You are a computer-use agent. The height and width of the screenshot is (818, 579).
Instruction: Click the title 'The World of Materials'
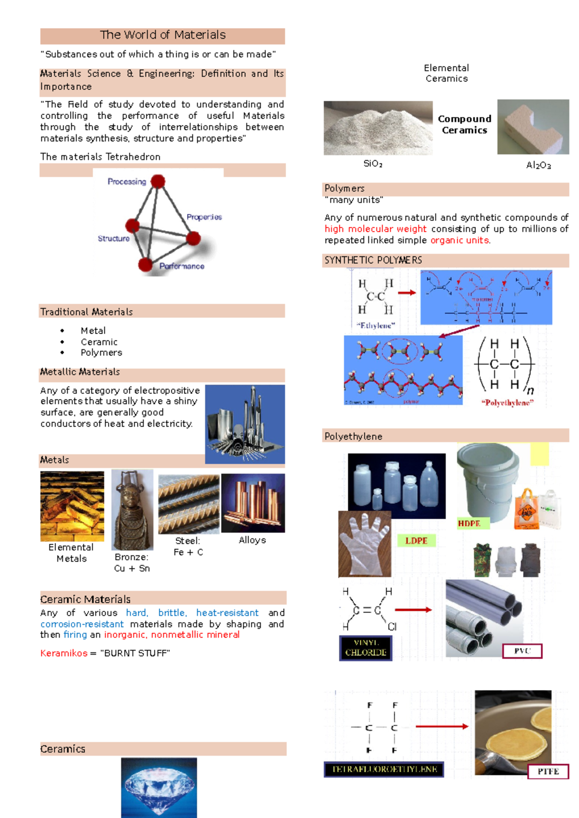pos(163,35)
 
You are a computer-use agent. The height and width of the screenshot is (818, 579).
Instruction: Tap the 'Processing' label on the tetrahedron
pos(126,182)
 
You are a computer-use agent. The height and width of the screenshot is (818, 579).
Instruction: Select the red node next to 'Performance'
pos(145,264)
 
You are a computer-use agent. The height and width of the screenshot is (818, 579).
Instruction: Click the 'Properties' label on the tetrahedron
pos(204,217)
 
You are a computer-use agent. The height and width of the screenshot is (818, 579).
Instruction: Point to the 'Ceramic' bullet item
pos(99,342)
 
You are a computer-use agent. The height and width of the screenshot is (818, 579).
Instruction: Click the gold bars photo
pos(72,506)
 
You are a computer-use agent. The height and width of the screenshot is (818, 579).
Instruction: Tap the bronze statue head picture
pos(132,509)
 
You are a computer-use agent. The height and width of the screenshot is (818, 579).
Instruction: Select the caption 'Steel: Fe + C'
pos(188,546)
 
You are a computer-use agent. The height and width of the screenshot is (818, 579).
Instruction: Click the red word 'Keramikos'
pos(64,653)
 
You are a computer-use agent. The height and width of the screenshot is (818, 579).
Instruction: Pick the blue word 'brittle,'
pos(172,613)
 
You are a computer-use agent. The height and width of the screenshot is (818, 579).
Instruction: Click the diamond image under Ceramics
pos(159,787)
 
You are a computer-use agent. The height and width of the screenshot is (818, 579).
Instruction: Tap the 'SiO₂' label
pos(372,164)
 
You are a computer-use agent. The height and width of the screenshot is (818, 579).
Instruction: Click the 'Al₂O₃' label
pos(538,165)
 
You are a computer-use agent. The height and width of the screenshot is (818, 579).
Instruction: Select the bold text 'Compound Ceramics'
pos(464,125)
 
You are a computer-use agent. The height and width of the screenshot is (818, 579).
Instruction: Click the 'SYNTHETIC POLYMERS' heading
pos(373,260)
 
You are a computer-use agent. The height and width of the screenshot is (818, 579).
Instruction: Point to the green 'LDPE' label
pos(416,540)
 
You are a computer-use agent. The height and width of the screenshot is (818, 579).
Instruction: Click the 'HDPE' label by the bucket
pos(469,523)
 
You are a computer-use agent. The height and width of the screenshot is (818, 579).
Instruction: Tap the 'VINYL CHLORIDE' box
pos(365,648)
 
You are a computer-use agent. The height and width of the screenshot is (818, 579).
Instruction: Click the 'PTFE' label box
pos(548,771)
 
